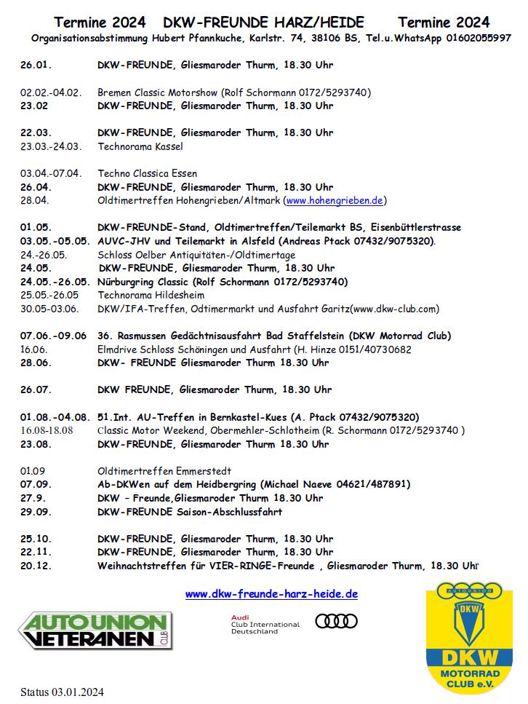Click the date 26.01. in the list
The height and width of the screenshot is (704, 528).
click(36, 66)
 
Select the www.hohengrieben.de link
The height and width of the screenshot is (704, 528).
click(335, 200)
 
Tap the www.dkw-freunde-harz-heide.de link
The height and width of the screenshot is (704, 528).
click(271, 594)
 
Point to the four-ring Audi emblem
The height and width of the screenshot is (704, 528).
click(336, 621)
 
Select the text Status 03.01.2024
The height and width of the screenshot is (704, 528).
click(62, 692)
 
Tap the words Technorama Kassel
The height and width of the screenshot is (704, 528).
click(140, 146)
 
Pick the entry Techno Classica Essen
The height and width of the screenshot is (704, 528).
click(148, 173)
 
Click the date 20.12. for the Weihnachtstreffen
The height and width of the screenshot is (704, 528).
click(36, 566)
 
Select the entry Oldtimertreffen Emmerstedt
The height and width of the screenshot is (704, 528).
click(164, 471)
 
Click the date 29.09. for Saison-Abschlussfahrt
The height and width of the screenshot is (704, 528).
click(36, 512)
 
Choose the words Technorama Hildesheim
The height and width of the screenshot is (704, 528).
click(151, 296)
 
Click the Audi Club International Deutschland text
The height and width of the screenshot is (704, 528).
click(265, 625)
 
